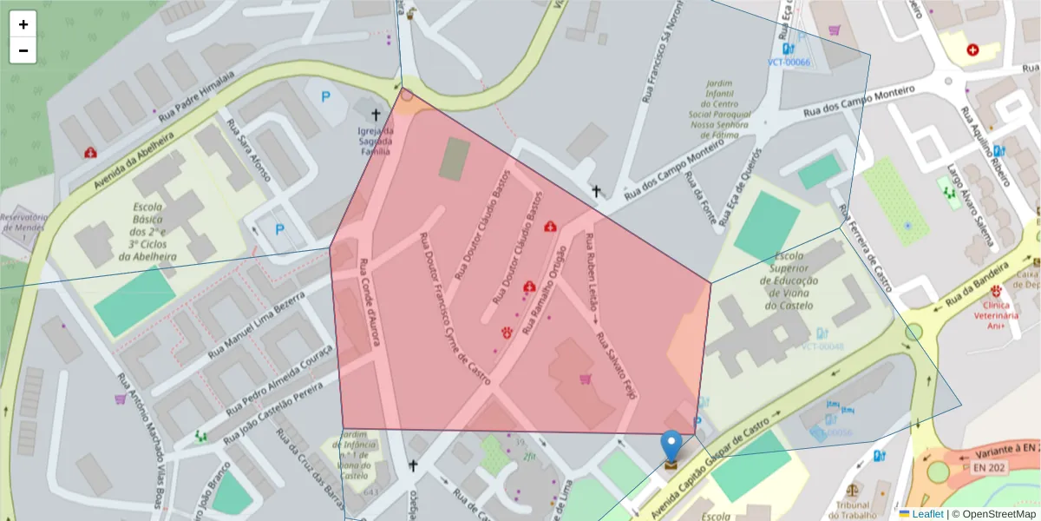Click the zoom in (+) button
pos(23,24)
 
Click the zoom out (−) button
pos(23,50)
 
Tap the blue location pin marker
pos(671,446)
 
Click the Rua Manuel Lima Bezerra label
pos(256,326)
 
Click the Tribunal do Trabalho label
pos(853,510)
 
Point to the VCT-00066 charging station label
pos(789,62)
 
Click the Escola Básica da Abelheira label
pos(154,233)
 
